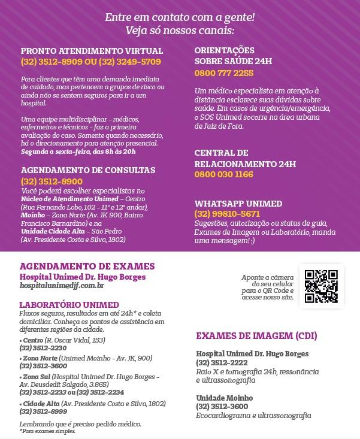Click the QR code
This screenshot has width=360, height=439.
coord(320,286)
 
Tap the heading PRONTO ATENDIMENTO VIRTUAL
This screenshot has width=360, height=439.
coord(92,51)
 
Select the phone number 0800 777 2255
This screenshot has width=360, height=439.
coord(223,73)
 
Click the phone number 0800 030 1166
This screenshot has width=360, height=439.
coord(223,174)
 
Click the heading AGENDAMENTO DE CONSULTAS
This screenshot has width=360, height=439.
coord(88,170)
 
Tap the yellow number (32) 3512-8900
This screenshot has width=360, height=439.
coord(52,181)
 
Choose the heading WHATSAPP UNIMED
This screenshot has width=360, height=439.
coord(238,204)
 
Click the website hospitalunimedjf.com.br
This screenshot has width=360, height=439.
coord(62,286)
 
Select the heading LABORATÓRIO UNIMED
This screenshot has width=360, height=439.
coord(69,305)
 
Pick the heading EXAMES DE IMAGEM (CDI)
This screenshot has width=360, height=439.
coord(256,335)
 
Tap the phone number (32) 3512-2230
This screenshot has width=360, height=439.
coord(43,348)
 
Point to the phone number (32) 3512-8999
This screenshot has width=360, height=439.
coord(43,411)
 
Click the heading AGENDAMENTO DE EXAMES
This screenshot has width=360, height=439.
coord(87,267)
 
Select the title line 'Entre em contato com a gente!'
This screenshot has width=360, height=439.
coord(180,17)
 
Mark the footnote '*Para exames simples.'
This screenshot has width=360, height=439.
coord(47,431)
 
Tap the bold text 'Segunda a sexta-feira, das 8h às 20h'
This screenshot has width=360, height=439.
coord(78,152)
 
